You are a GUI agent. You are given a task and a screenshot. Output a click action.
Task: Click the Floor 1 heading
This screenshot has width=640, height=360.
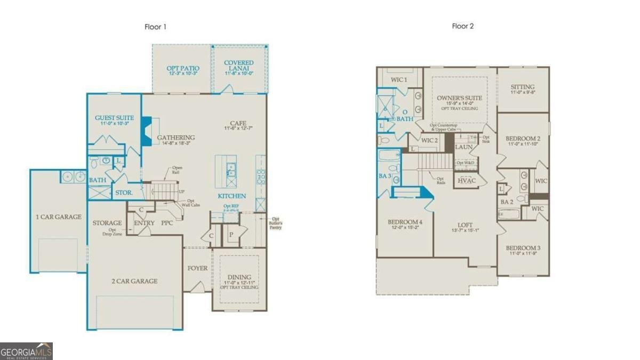point(156,26)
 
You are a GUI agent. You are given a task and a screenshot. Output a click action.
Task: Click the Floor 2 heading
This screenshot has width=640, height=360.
point(463,26)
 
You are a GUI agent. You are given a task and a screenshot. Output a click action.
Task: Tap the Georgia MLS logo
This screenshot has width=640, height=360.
point(26,351)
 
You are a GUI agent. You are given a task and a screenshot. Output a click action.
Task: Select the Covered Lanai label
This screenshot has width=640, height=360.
point(238,63)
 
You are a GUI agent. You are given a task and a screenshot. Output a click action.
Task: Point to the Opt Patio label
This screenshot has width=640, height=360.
point(183,68)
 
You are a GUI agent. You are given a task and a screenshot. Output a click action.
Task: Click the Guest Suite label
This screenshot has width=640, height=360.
point(114,118)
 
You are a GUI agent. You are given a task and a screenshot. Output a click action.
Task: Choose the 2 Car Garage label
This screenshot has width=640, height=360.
point(134,281)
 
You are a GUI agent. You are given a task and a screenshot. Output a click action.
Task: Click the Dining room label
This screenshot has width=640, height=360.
point(239,277)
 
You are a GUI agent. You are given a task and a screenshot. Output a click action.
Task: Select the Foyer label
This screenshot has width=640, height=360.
point(197,268)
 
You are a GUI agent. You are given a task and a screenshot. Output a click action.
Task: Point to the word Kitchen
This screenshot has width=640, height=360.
point(232,196)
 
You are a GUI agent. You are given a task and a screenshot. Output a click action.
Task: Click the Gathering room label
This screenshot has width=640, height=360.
point(176,138)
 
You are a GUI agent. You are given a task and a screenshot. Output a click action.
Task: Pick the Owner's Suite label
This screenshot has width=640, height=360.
point(459,98)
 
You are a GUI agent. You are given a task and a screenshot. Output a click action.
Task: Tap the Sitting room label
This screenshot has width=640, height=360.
point(522,87)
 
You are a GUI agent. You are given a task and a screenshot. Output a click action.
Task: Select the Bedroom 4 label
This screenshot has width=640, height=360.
point(405,222)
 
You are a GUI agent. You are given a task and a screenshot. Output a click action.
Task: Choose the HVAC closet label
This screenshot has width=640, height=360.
point(466,181)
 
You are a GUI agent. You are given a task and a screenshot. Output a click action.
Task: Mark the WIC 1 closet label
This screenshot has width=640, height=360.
point(399,80)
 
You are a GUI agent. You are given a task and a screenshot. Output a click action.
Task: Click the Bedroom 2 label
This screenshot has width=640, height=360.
point(523,139)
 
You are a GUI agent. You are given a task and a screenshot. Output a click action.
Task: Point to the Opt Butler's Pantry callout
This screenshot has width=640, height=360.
point(276,223)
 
